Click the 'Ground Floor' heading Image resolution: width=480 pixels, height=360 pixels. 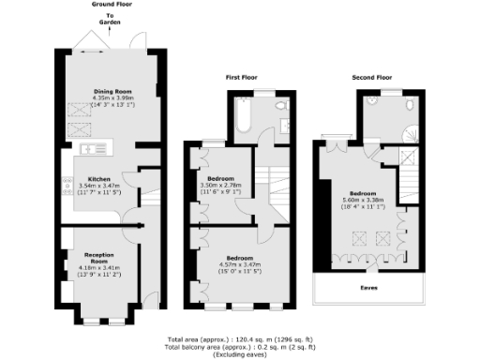(x=111, y=5)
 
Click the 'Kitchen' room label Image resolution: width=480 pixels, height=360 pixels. (x=100, y=178)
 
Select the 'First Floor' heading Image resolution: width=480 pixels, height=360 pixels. (x=241, y=77)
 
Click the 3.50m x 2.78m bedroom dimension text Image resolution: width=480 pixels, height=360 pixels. (x=221, y=185)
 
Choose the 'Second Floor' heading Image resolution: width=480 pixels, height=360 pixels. (x=371, y=76)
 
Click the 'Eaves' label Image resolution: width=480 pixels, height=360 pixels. (x=369, y=289)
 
